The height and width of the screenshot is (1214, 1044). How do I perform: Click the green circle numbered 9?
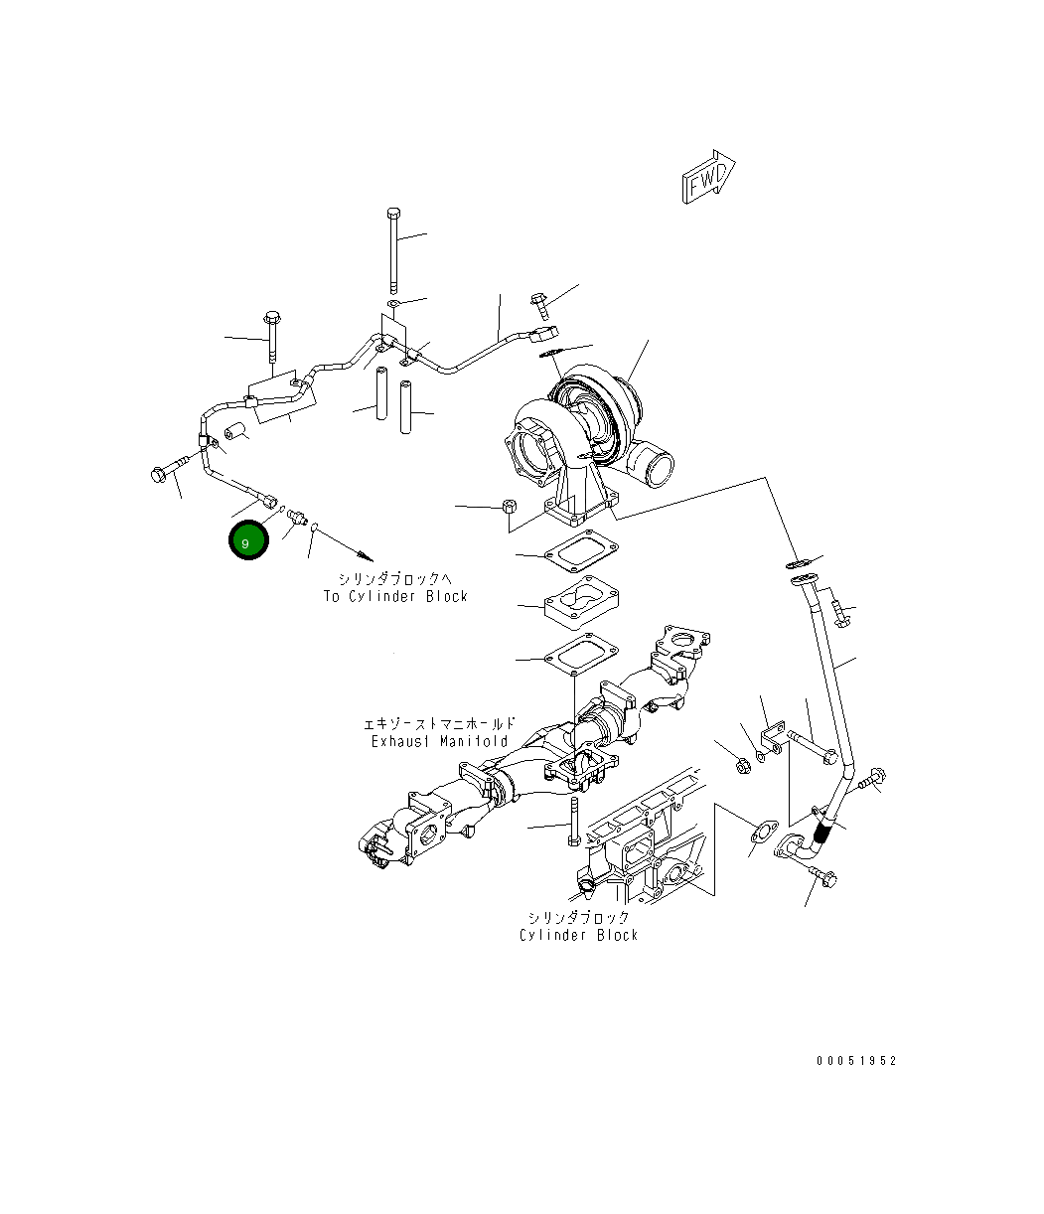[247, 541]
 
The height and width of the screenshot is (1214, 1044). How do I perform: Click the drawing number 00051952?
[856, 1061]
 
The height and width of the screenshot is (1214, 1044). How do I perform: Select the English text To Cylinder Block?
[395, 596]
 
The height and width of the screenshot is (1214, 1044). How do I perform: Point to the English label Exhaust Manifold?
[439, 741]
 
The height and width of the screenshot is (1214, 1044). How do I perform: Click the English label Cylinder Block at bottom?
[578, 935]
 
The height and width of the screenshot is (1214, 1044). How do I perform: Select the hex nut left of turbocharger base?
[507, 506]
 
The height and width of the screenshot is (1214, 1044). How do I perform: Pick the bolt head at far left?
[160, 475]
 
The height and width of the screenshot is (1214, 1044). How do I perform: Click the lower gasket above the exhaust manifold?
[580, 656]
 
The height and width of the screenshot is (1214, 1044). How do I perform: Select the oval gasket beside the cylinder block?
[762, 833]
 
